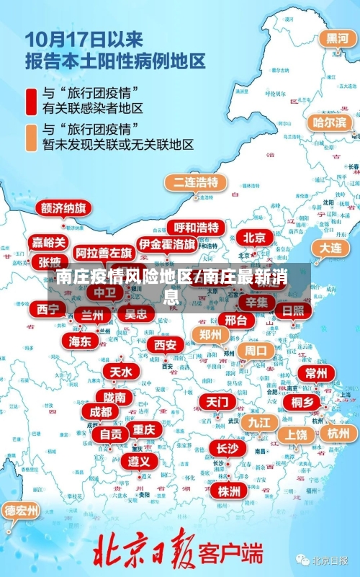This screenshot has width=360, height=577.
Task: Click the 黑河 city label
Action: (x=338, y=38)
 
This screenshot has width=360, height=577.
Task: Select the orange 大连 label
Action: (x=330, y=247)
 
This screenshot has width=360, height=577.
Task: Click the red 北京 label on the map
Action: (x=254, y=237)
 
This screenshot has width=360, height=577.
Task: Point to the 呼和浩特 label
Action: (x=197, y=228)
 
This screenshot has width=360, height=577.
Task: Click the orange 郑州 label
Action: (x=210, y=334)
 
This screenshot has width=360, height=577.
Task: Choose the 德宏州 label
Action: (x=22, y=511)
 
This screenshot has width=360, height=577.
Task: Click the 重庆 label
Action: (x=144, y=429)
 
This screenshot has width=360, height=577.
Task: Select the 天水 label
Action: (x=120, y=372)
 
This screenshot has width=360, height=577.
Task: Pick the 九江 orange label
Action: (x=256, y=421)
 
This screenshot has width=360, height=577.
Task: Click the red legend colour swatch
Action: (x=32, y=102)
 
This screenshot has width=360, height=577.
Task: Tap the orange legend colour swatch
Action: (x=32, y=138)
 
